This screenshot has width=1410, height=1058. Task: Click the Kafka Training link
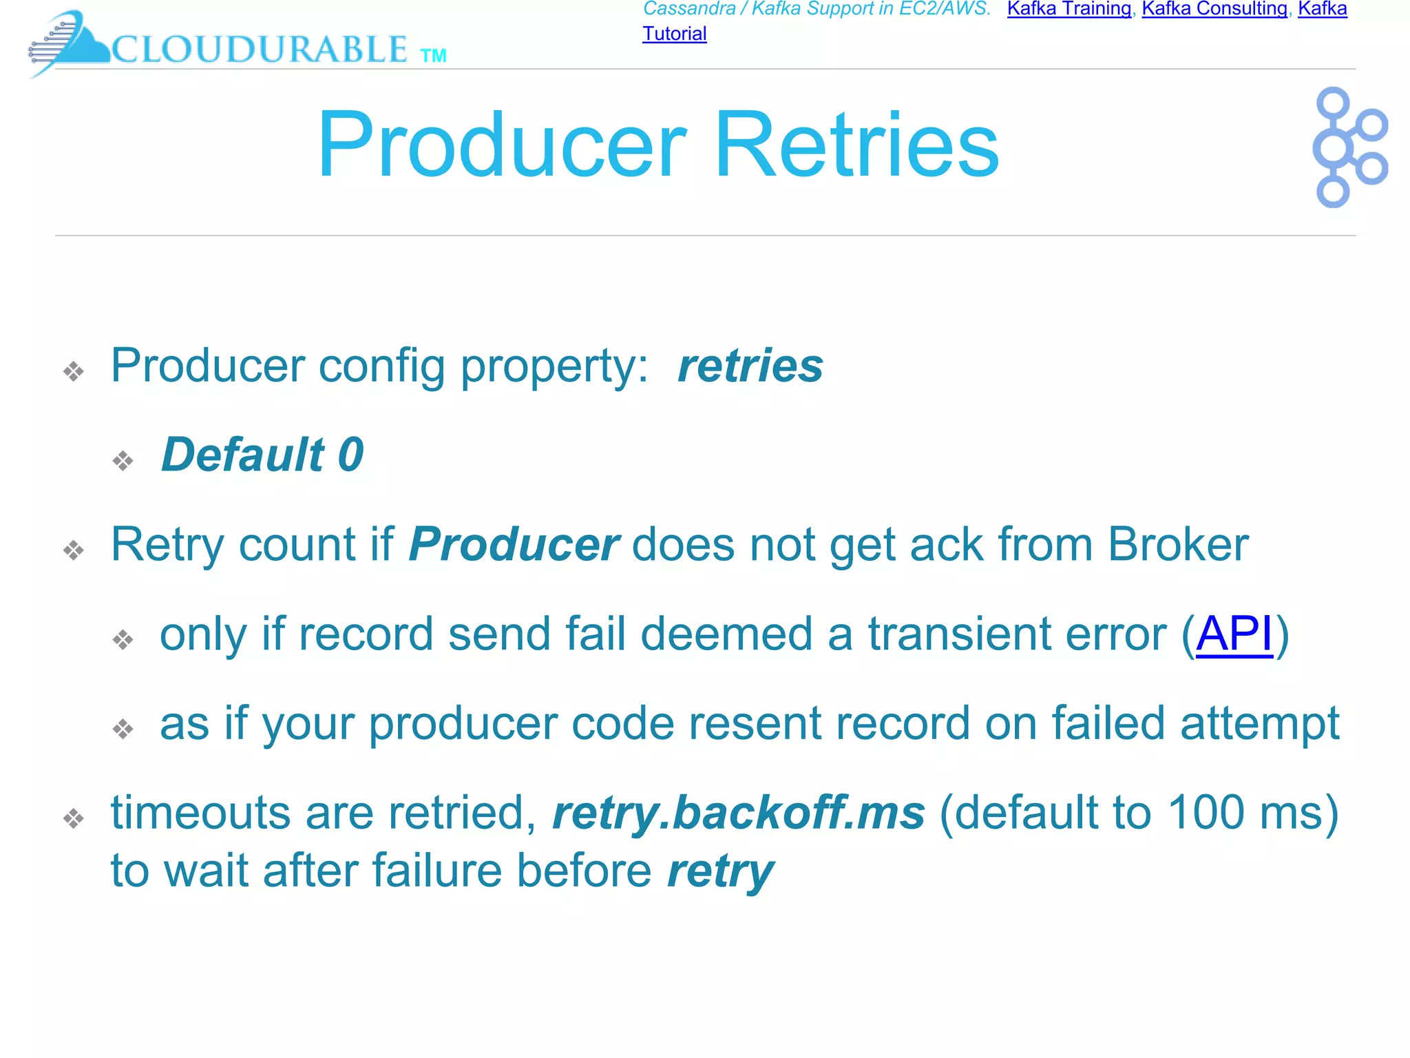1069,9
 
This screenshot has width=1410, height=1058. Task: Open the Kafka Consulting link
1214,9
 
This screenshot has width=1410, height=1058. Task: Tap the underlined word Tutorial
674,34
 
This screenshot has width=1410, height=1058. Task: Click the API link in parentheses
1234,634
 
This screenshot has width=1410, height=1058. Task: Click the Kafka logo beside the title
1349,147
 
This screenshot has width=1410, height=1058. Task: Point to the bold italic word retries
750,366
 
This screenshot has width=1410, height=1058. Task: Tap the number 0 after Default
350,455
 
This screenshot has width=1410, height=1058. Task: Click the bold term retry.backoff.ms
739,813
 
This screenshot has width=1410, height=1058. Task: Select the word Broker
1178,545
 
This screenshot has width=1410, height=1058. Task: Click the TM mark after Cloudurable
433,56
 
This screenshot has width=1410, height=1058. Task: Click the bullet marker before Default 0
123,460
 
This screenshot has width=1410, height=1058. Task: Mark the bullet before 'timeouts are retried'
74,818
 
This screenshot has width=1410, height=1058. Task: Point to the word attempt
1260,724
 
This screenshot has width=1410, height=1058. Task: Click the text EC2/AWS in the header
945,9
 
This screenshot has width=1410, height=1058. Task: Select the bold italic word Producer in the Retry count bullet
514,545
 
